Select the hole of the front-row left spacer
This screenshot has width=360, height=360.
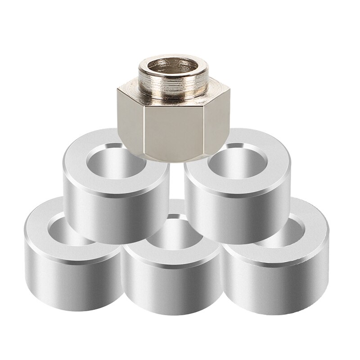pyautogui.click(x=67, y=225)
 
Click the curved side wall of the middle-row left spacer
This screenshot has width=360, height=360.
pyautogui.click(x=112, y=211)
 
